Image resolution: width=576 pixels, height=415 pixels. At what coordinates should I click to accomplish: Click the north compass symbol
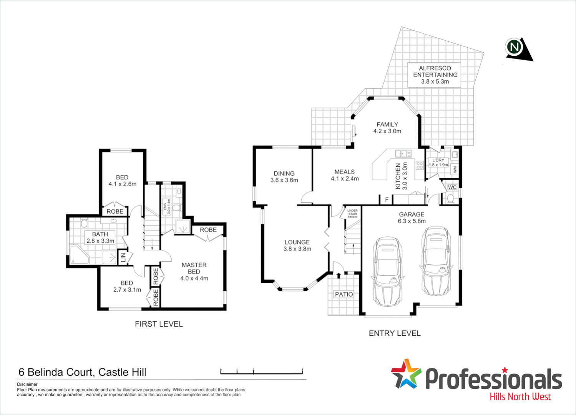click(516, 48)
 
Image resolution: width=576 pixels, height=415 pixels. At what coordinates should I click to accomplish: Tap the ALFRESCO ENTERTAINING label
click(435, 75)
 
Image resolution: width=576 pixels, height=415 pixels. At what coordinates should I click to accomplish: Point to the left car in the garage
click(388, 271)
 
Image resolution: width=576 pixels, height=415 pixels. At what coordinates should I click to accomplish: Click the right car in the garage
click(436, 261)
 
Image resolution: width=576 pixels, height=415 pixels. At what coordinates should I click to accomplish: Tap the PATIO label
click(344, 294)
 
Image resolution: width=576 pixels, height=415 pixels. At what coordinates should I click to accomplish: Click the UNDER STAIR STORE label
click(352, 214)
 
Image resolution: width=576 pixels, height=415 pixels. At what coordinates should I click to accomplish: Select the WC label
click(452, 188)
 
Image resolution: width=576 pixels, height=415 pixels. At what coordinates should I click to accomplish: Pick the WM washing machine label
click(455, 169)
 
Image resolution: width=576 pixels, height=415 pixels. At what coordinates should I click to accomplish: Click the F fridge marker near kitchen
click(387, 200)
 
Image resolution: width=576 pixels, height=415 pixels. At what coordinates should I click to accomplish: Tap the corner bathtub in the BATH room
click(80, 255)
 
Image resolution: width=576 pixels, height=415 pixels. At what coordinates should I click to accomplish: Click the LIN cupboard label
click(123, 257)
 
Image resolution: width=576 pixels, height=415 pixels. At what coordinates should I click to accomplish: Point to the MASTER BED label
click(194, 268)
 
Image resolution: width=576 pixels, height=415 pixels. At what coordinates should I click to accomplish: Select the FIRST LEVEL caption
click(159, 324)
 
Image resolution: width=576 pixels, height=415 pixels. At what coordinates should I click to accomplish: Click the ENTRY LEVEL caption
click(395, 333)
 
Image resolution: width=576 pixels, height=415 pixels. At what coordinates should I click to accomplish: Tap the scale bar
click(262, 372)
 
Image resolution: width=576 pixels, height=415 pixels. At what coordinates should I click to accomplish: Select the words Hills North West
click(520, 397)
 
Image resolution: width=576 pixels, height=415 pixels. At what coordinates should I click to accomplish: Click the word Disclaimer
click(27, 384)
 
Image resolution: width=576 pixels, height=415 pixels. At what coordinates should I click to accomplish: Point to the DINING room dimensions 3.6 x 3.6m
click(284, 180)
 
